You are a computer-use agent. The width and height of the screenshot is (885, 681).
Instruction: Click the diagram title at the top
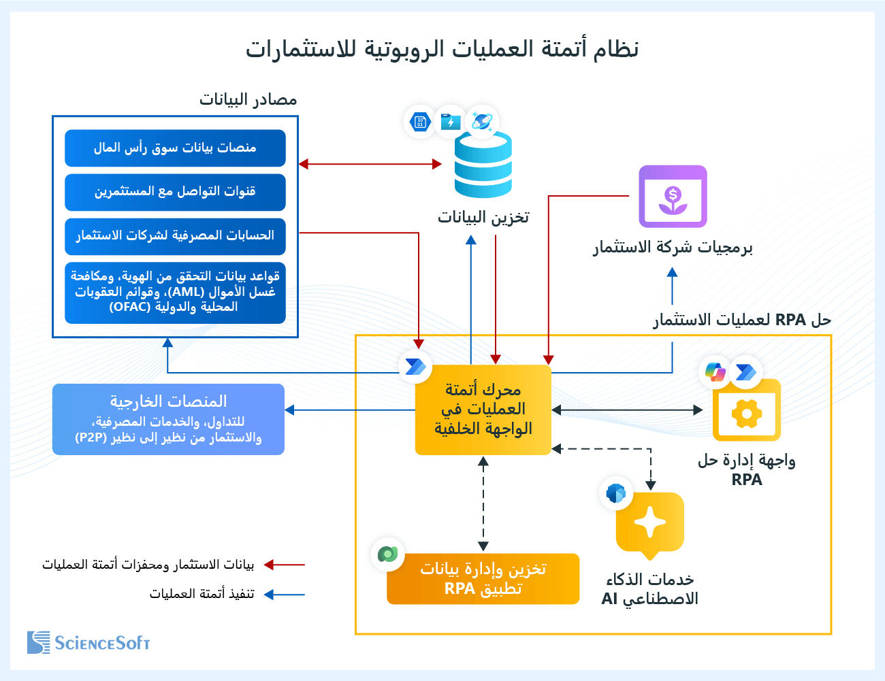point(442,49)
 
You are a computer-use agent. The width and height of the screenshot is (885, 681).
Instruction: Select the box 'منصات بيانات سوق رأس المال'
point(175,148)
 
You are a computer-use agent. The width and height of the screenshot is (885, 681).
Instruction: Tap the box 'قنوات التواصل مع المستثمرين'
point(175,192)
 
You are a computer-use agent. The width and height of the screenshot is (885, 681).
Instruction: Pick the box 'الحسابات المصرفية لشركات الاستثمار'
point(175,235)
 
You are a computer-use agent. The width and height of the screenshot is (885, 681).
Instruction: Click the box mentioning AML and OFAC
point(175,292)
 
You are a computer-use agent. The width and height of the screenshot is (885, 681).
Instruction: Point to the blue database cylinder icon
point(483,165)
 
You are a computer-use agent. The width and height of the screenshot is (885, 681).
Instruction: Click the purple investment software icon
point(673,197)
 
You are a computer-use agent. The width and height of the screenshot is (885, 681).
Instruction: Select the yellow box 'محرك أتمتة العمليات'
point(483,410)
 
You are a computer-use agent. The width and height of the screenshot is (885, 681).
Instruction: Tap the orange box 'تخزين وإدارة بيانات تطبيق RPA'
point(483,579)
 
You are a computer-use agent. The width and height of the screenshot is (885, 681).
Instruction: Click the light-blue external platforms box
point(168,419)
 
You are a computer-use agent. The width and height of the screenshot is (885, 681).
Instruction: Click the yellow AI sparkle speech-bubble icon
point(649,522)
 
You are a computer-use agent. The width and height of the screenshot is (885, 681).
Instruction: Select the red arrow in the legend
point(285,565)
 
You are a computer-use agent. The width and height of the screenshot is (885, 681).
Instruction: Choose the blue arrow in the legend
point(285,595)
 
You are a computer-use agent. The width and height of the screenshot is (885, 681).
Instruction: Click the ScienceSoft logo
point(88,642)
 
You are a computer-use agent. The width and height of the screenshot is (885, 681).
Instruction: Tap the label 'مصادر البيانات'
point(248,99)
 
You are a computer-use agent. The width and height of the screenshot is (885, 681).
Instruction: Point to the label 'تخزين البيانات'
point(483,217)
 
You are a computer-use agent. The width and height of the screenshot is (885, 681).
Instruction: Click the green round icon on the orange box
point(387,554)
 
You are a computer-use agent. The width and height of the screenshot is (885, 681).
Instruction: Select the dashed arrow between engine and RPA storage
point(483,503)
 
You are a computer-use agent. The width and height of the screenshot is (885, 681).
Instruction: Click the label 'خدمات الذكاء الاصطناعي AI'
point(649,589)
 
